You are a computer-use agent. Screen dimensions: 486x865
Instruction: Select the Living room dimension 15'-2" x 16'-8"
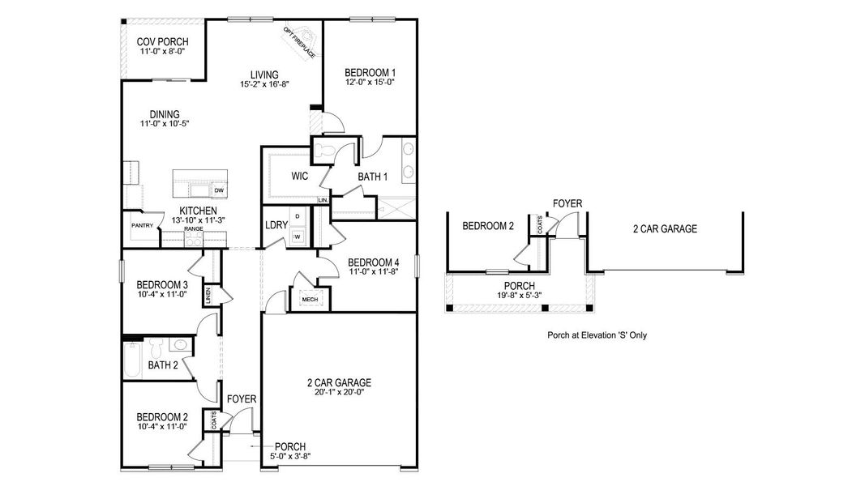(x=264, y=84)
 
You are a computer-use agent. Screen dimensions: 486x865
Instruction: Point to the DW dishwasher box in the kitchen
(x=219, y=190)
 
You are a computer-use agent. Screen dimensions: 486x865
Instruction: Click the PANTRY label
(x=143, y=226)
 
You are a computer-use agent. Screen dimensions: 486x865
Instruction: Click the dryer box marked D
(x=298, y=216)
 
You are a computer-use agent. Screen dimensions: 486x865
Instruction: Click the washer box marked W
(x=298, y=237)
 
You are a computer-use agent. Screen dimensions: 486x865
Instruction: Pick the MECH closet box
(x=310, y=299)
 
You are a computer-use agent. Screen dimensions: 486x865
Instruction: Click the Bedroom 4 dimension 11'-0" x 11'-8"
(x=373, y=273)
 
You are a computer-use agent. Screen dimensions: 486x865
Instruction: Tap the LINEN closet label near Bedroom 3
(x=208, y=295)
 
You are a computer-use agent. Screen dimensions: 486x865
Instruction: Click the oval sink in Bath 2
(x=181, y=347)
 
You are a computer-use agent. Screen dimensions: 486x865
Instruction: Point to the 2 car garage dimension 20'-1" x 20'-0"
(x=339, y=394)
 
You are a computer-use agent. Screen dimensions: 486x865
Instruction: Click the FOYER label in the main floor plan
(x=242, y=399)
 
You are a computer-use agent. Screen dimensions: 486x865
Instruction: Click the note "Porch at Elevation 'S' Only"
(x=597, y=335)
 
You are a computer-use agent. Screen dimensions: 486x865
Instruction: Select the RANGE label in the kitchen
(x=193, y=229)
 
